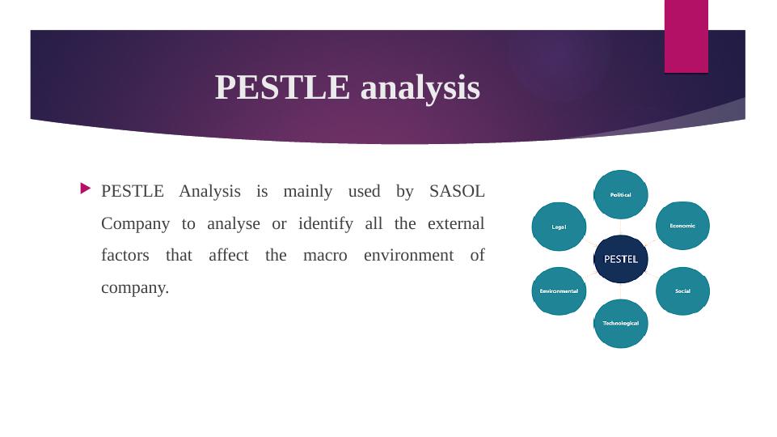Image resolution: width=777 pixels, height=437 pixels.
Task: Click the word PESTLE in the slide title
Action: (x=282, y=87)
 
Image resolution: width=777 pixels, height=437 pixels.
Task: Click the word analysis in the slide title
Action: (x=420, y=88)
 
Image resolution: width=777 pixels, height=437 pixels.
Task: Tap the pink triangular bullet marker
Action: (x=85, y=189)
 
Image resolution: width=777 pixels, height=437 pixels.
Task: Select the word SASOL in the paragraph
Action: (x=457, y=191)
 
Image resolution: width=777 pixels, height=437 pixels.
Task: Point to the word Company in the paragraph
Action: (x=135, y=223)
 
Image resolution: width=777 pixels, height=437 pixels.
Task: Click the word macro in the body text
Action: (x=325, y=256)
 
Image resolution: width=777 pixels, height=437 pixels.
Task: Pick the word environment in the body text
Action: (x=409, y=255)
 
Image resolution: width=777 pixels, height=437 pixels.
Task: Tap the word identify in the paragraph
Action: (x=326, y=223)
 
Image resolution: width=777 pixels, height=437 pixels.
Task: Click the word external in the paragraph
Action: (x=456, y=223)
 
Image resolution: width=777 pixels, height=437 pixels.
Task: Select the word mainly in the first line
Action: (x=308, y=192)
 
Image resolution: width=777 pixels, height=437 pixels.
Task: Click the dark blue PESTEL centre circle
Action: (x=621, y=259)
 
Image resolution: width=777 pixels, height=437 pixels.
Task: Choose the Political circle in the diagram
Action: (x=621, y=194)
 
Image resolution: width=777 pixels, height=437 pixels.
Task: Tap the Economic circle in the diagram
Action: (x=683, y=226)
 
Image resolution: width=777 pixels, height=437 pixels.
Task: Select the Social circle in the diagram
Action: (x=683, y=291)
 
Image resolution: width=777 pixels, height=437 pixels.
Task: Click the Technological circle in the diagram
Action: (x=621, y=324)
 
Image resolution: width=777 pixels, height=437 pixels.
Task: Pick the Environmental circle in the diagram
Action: (x=559, y=291)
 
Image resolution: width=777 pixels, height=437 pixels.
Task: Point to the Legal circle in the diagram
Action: (x=559, y=227)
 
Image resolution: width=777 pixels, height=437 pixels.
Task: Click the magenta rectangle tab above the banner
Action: (x=686, y=36)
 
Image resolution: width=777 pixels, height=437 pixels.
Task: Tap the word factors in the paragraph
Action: (x=125, y=256)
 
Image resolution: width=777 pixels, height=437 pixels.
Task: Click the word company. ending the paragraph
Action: (x=135, y=288)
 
